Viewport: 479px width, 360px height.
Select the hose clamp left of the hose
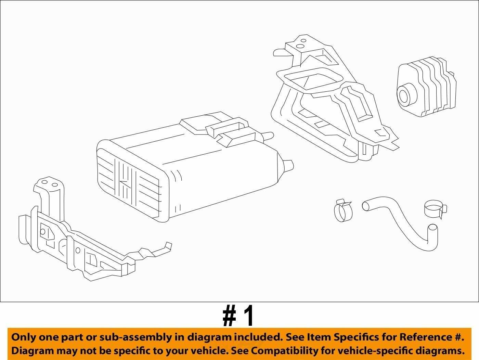(343, 210)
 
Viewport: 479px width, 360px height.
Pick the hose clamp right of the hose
(436, 209)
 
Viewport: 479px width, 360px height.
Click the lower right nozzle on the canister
(288, 166)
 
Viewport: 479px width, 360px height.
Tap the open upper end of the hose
(366, 206)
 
